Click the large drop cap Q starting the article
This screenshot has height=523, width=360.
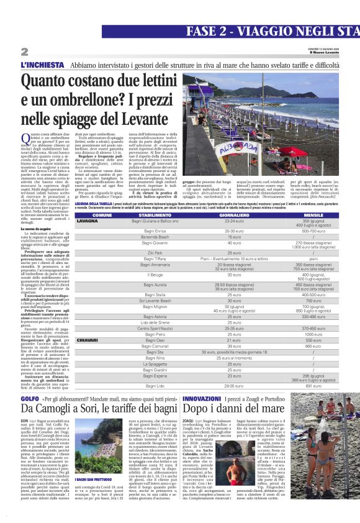pyautogui.click(x=25, y=138)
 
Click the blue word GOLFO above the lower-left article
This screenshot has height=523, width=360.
pyautogui.click(x=29, y=398)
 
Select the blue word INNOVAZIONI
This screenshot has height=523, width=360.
pyautogui.click(x=202, y=398)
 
